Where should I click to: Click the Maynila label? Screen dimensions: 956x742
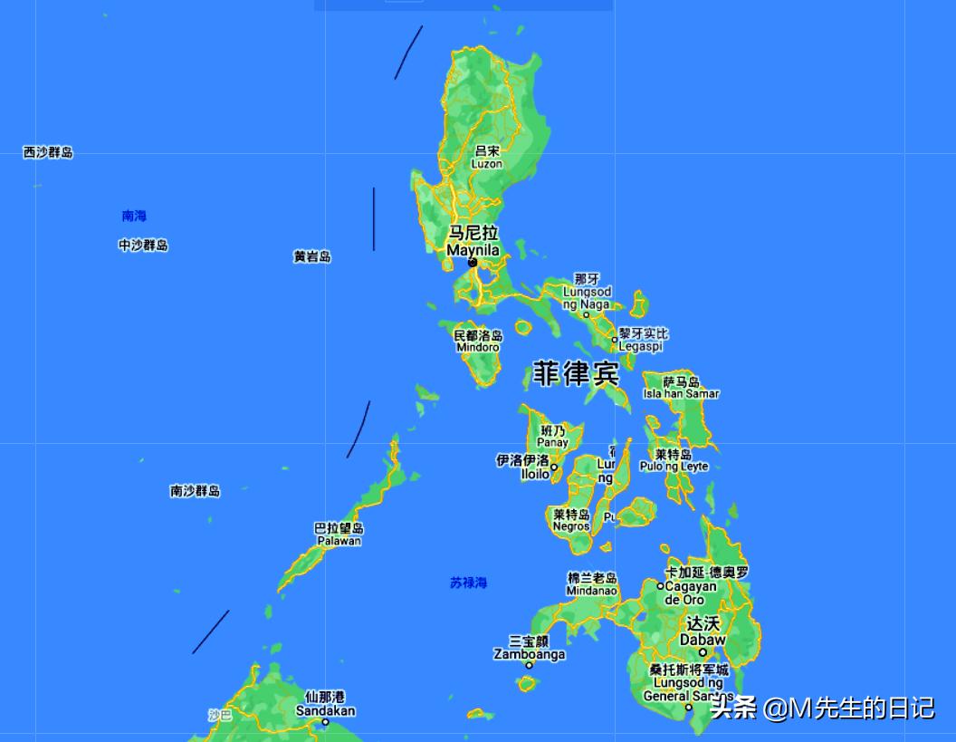click(473, 249)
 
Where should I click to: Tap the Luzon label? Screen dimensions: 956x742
click(486, 164)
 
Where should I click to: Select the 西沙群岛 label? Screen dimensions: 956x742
click(48, 152)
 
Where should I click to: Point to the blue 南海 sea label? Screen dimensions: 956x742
click(134, 216)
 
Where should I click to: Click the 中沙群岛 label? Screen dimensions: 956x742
click(143, 245)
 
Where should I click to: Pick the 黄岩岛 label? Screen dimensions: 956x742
click(311, 256)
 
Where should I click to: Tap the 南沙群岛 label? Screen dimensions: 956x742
click(195, 491)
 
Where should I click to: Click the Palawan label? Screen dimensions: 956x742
click(339, 541)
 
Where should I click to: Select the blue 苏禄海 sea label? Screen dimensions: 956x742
click(468, 583)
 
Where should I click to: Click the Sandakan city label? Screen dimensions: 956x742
click(325, 710)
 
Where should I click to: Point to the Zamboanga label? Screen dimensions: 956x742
click(530, 654)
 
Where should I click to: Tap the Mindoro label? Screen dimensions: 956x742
click(477, 347)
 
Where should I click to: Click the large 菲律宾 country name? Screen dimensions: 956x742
click(576, 374)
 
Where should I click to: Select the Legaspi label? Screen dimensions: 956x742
click(640, 346)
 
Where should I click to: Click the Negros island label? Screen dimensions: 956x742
click(571, 526)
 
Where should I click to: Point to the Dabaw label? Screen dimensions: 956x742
click(702, 639)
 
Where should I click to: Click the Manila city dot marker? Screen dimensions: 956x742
click(473, 263)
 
